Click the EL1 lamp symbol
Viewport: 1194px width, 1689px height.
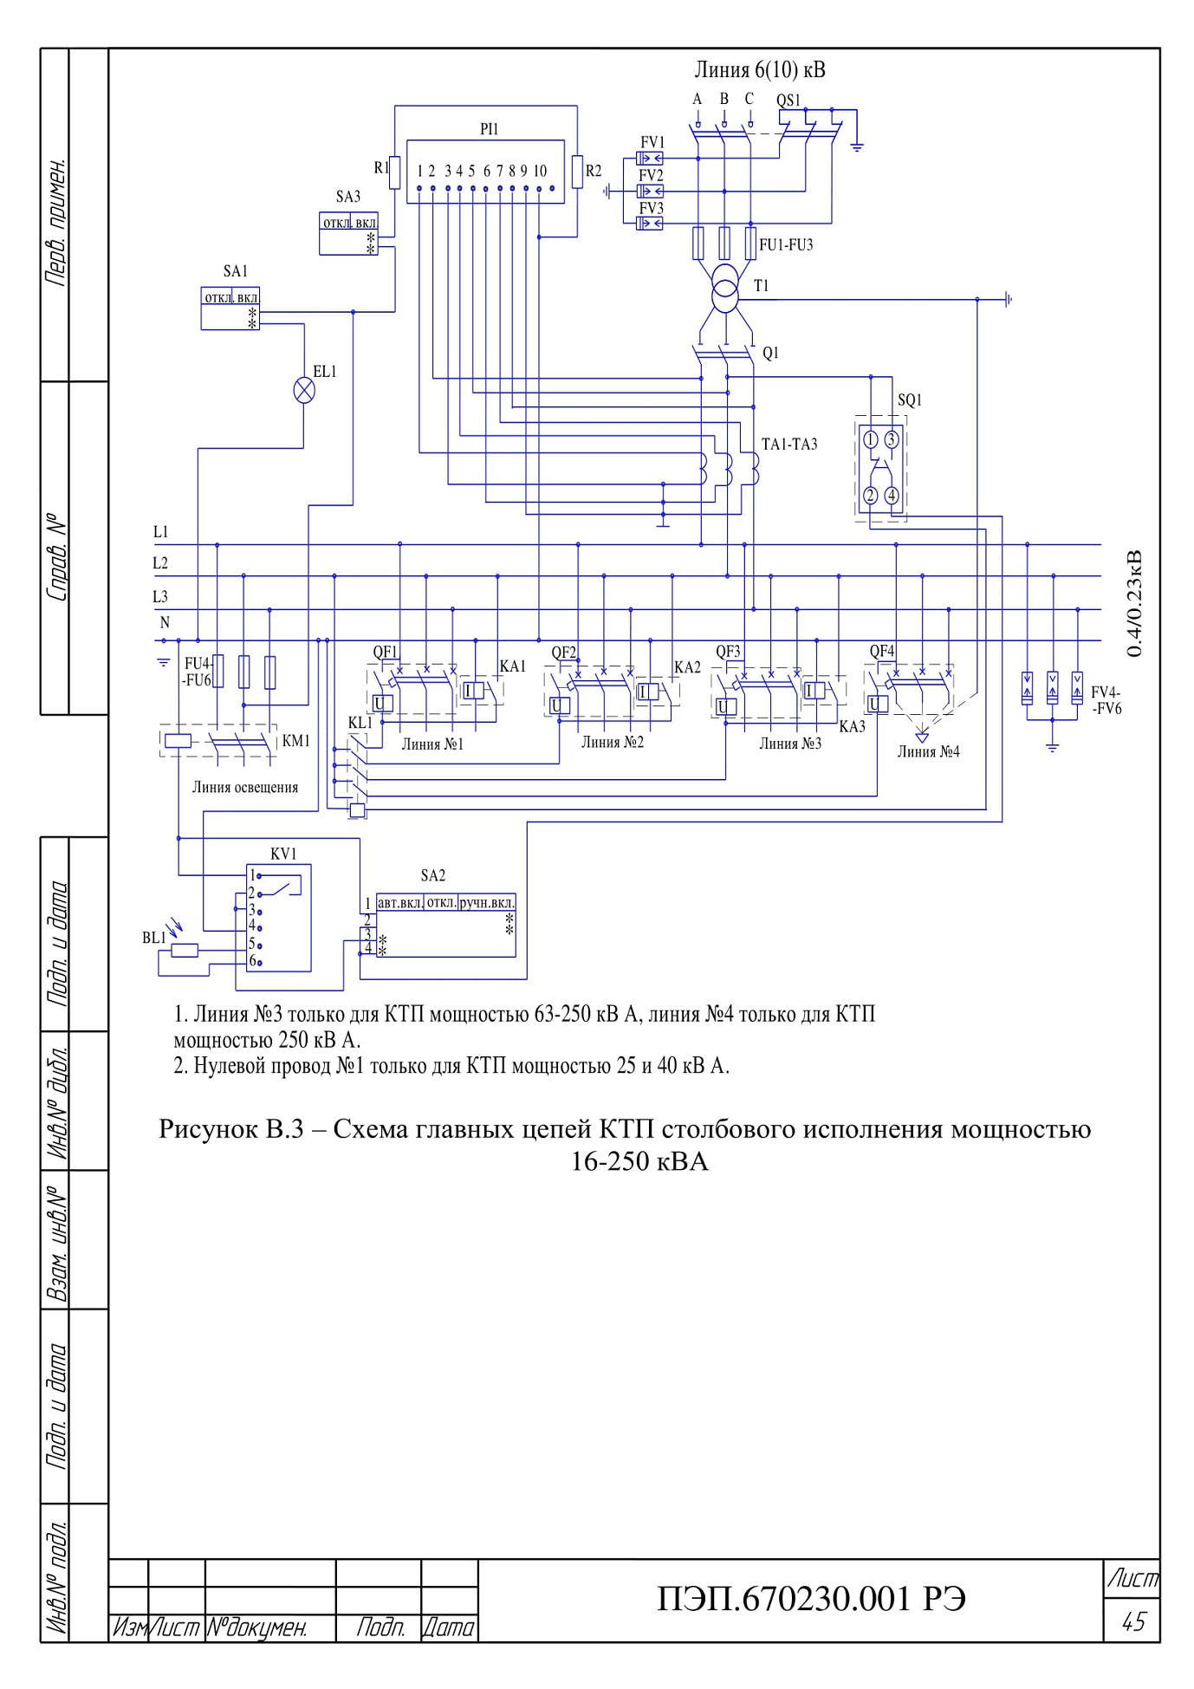coord(304,390)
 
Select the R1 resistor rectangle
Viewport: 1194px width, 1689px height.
coord(394,172)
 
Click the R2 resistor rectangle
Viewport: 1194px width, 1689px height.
coord(577,171)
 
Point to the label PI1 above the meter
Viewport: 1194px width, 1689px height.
coord(490,129)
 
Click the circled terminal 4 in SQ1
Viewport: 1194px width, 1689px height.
coord(891,496)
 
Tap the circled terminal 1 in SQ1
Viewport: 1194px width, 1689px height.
coord(871,439)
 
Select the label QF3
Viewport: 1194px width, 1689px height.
coord(728,652)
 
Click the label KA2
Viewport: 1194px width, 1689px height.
coord(687,667)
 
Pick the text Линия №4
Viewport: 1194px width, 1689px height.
coord(928,752)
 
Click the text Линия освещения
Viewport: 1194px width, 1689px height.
coord(245,787)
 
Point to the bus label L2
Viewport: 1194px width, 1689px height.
coord(160,563)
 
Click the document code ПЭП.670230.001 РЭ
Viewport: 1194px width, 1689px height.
coord(812,1598)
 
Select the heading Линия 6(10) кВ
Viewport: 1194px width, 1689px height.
coord(760,70)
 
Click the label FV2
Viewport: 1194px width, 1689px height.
coord(651,175)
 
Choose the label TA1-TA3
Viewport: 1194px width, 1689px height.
coord(789,445)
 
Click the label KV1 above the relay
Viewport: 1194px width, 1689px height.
coord(283,854)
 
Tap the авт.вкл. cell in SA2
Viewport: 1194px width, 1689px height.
coord(400,902)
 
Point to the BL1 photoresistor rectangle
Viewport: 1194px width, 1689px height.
coord(185,951)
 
